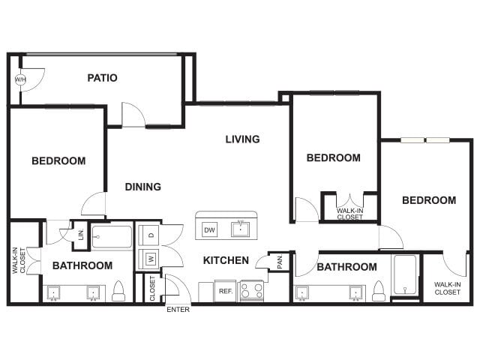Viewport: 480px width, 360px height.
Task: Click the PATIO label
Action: (102, 78)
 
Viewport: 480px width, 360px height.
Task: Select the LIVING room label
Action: (243, 139)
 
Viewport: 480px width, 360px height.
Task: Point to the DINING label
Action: (142, 187)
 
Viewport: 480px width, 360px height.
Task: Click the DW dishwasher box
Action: (209, 230)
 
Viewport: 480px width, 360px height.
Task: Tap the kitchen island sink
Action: (241, 229)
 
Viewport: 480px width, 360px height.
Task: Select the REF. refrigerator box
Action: (225, 290)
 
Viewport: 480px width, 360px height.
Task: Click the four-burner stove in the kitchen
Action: (251, 290)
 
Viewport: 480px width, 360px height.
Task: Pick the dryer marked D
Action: (150, 235)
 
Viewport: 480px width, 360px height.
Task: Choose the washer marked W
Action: (150, 259)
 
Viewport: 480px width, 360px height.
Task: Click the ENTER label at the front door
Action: (178, 310)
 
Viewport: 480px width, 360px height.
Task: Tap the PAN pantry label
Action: (278, 262)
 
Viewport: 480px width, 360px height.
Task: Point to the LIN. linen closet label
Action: (81, 235)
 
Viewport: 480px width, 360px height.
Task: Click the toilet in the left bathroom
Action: (118, 292)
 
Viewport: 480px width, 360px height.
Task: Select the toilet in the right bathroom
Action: (379, 291)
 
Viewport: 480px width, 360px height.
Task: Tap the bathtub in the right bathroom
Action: (405, 275)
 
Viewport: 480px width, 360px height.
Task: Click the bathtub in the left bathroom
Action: (112, 238)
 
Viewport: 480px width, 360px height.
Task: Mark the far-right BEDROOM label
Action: (428, 200)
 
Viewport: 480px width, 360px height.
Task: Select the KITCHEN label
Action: (226, 260)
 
